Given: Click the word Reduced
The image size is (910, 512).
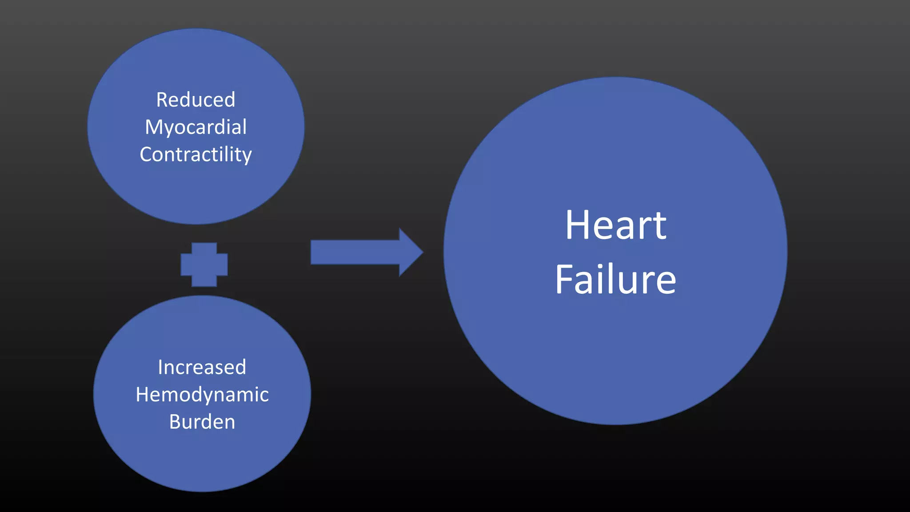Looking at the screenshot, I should tap(196, 100).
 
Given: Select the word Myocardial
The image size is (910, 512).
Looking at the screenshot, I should tap(196, 127).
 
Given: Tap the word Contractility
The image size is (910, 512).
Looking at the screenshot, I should tap(196, 154).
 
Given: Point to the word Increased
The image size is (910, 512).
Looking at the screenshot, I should tap(202, 367).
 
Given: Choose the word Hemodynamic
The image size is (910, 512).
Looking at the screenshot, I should tap(202, 394).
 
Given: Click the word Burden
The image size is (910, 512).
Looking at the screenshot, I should tap(202, 421).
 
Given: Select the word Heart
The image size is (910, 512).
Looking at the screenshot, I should tap(615, 225).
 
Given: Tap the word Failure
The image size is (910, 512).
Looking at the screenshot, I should tap(615, 280).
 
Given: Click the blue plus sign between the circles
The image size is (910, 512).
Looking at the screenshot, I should tap(204, 264).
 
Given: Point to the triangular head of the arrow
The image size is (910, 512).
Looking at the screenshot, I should tap(410, 252).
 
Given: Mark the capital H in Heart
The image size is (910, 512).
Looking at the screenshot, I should tap(577, 225).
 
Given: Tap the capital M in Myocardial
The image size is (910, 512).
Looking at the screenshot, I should tap(154, 127).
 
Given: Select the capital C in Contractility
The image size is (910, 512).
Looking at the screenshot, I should tap(147, 154).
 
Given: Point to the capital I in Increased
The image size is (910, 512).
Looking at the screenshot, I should tap(160, 367).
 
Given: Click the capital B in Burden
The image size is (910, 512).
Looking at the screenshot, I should tap(175, 421).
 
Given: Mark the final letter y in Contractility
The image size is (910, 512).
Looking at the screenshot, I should tap(247, 156).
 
